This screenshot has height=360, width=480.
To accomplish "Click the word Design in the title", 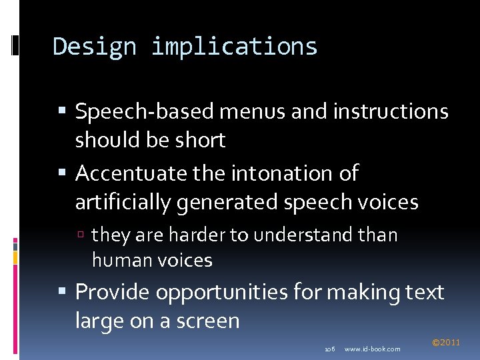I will (93, 47).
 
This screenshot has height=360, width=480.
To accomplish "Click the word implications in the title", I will (234, 47).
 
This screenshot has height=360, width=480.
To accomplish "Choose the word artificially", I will (123, 202).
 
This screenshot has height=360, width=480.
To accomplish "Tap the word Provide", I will (110, 292).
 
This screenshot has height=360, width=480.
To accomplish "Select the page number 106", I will (329, 349).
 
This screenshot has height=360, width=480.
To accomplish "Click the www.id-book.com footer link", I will (373, 349).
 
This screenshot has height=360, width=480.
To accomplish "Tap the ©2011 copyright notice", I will (446, 343).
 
